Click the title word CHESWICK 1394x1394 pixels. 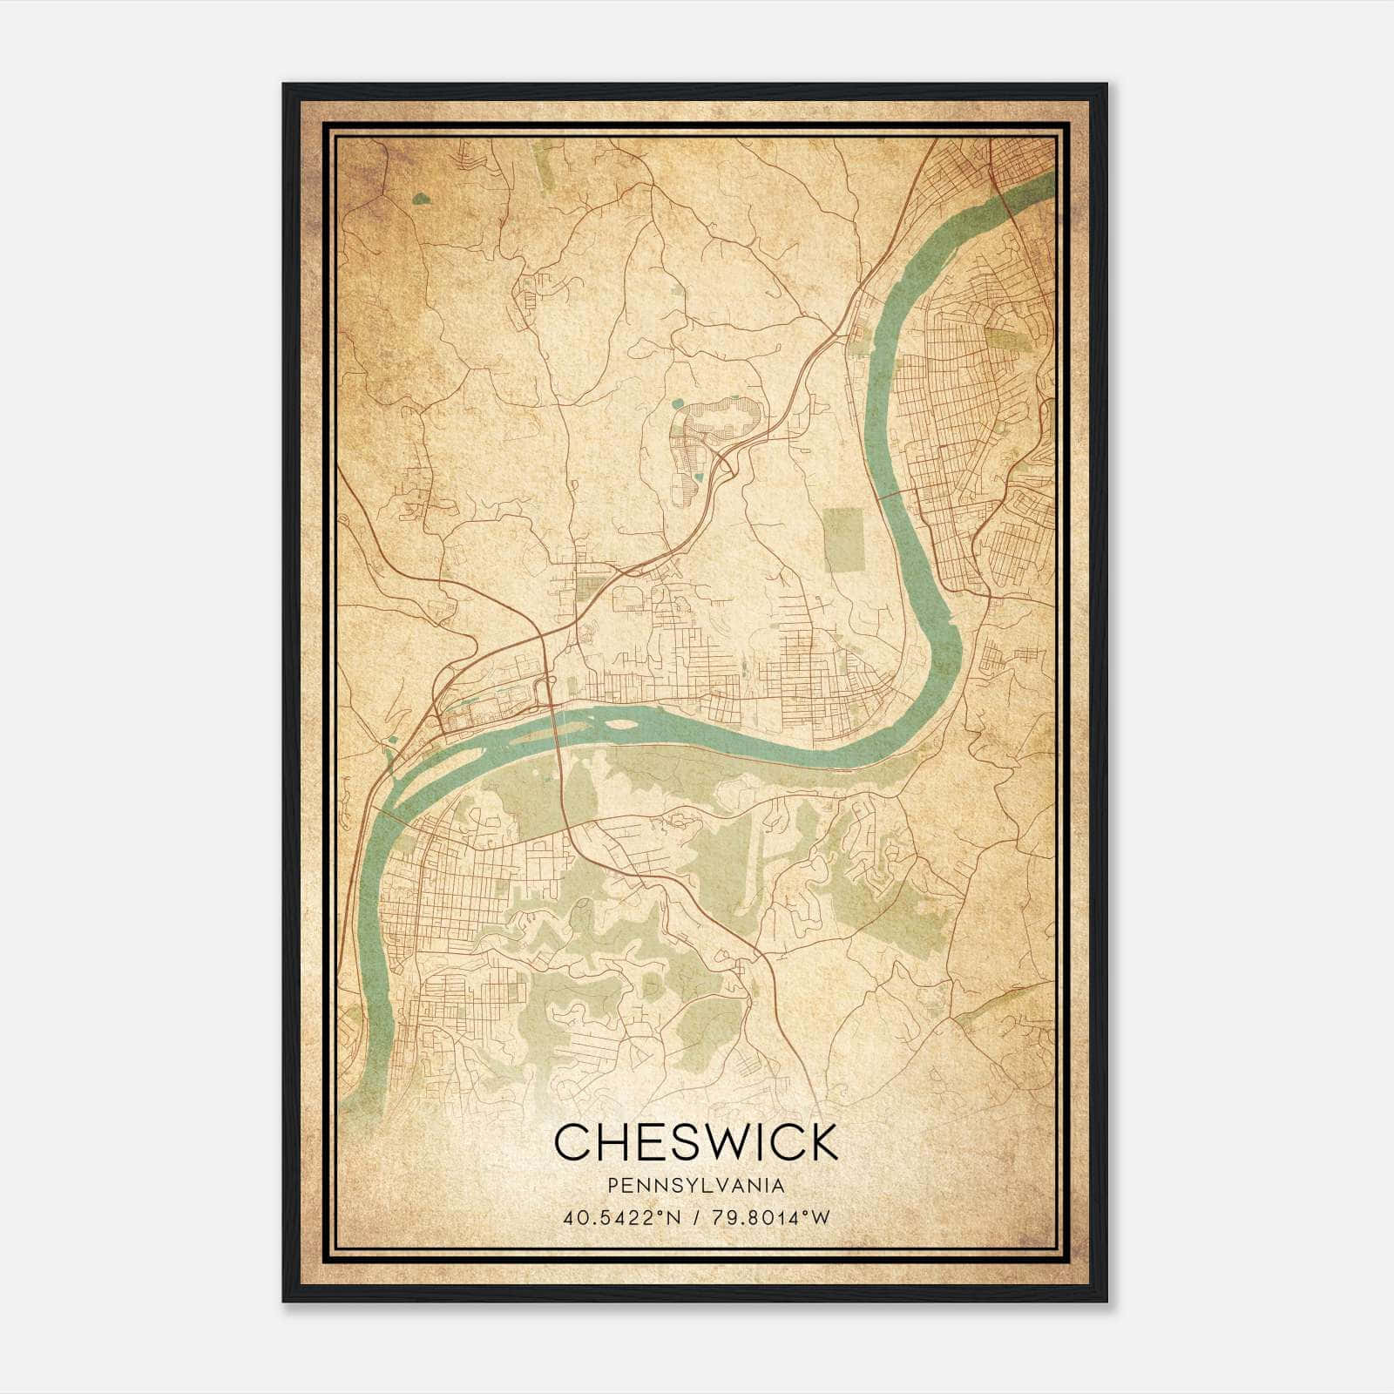(695, 1142)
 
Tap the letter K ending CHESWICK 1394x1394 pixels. (822, 1142)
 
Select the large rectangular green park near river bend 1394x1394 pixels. (842, 539)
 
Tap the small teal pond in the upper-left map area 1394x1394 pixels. (422, 199)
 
